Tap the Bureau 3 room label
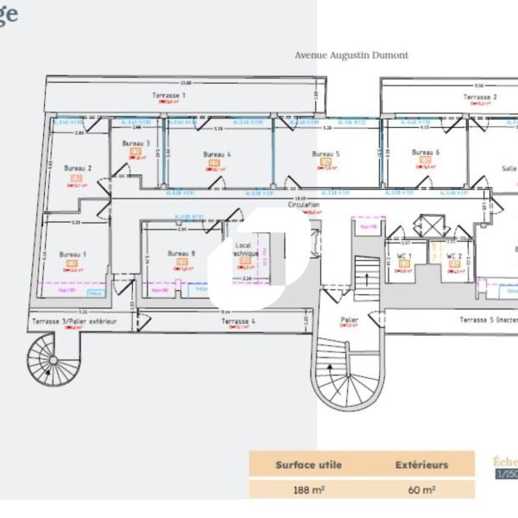tap(136, 143)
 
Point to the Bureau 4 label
tap(218, 154)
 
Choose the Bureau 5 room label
tap(325, 154)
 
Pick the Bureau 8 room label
tap(182, 254)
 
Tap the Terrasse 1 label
tap(169, 94)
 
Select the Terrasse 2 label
tap(480, 98)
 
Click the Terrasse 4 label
tap(238, 321)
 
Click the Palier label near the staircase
tap(349, 320)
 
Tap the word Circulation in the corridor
tap(304, 205)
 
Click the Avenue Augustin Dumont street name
tap(351, 55)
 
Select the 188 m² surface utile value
tap(308, 489)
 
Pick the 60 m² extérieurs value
tap(421, 489)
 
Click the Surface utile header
tap(308, 464)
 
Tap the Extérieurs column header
tap(422, 464)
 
